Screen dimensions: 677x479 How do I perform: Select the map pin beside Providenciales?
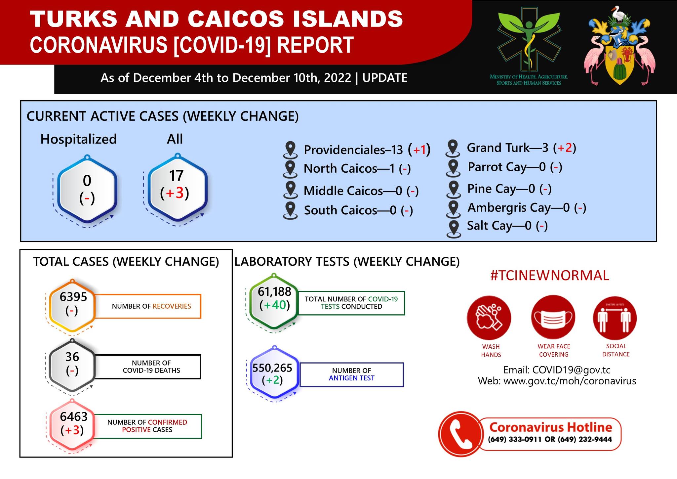coord(291,150)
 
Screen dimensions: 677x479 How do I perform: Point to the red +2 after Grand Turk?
coord(565,148)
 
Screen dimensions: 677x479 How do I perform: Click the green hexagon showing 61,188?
coord(274,301)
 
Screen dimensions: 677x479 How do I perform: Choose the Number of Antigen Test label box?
coord(351,374)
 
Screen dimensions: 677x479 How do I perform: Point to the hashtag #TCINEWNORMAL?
coord(550,276)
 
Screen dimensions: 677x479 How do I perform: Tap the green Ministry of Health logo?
coord(529,46)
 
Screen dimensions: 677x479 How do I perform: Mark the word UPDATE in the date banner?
coord(385,78)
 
